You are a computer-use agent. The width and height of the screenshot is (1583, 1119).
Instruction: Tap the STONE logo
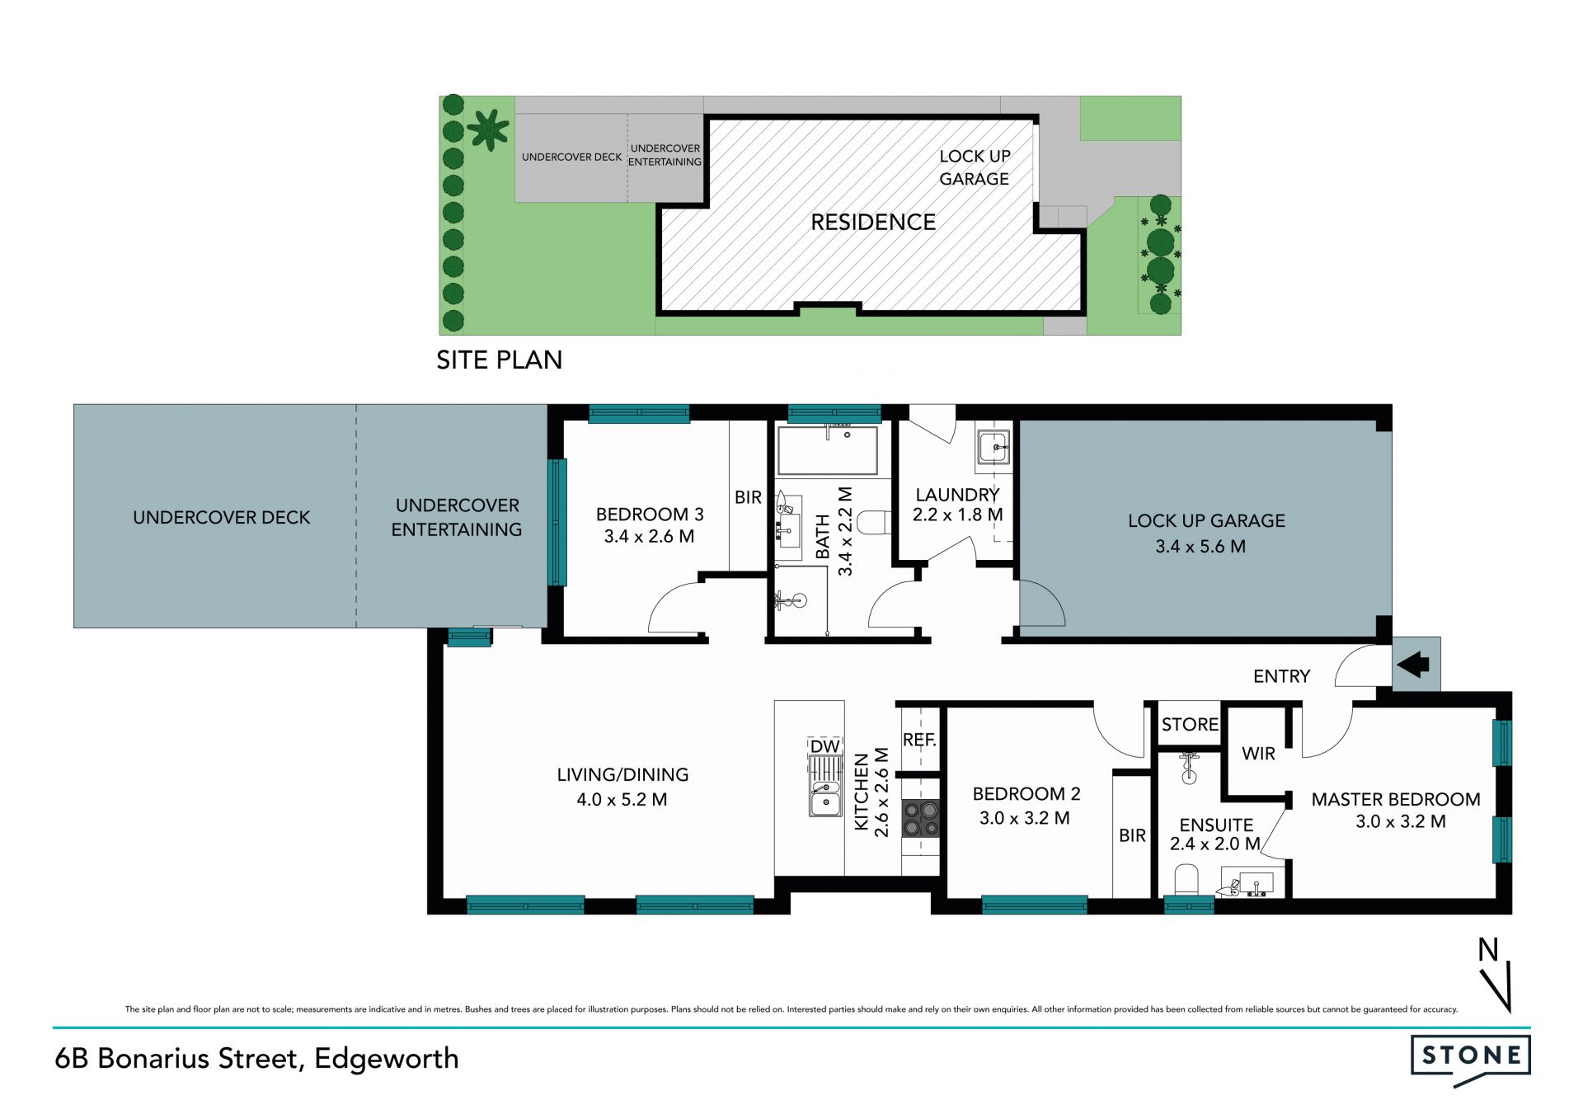[x=1471, y=1059]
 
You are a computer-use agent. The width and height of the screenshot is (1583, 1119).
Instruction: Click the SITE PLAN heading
[x=499, y=360]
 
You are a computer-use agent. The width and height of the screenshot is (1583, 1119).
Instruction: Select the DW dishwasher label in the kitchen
[x=824, y=746]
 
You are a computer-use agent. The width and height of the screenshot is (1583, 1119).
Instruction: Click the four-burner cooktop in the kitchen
[x=921, y=819]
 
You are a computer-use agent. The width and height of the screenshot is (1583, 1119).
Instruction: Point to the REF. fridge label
[x=919, y=740]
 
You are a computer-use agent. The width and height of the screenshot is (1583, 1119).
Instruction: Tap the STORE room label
[x=1190, y=724]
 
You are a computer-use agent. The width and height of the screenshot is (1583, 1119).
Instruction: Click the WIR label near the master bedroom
[x=1258, y=753]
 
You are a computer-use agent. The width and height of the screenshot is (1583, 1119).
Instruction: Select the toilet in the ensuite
[x=1186, y=879]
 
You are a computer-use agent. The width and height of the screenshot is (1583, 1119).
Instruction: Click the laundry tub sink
[x=993, y=448]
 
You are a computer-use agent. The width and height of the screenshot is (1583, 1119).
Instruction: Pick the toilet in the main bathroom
[x=873, y=522]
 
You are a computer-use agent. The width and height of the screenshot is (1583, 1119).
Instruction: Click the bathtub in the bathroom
[x=827, y=450]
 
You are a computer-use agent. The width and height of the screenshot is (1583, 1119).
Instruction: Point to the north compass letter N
[x=1487, y=950]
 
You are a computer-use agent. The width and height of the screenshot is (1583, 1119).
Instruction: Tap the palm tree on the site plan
[x=488, y=129]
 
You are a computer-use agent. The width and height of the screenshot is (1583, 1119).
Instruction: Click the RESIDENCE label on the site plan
[x=873, y=222]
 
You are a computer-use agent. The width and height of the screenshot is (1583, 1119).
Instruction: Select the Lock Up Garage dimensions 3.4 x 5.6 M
[x=1200, y=546]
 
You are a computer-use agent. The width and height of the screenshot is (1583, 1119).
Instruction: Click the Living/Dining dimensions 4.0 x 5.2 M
[x=622, y=799]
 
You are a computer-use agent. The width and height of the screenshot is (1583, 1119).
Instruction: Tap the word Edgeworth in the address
[x=386, y=1059]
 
